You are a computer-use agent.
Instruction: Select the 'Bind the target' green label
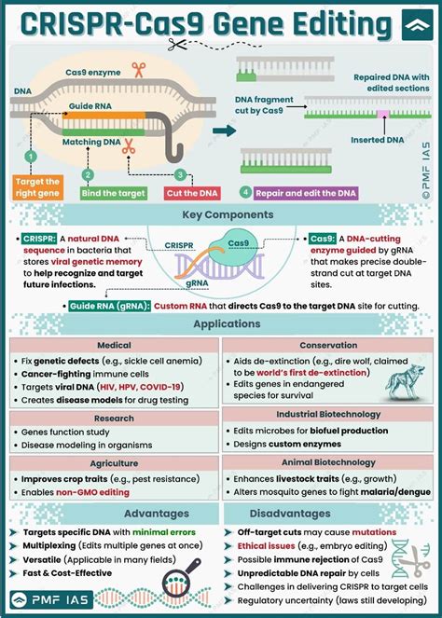(x=113, y=193)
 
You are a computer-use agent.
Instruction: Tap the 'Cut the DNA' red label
(x=187, y=193)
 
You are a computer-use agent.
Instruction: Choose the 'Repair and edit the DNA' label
(x=305, y=193)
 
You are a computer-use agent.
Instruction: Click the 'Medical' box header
(x=113, y=344)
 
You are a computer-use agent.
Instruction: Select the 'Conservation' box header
(x=327, y=344)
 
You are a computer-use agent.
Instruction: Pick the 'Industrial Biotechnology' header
(x=327, y=414)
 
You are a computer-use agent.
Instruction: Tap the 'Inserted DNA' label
(x=377, y=141)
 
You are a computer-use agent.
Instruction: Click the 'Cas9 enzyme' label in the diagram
(x=91, y=71)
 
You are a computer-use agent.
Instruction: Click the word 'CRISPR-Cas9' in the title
(x=107, y=23)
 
